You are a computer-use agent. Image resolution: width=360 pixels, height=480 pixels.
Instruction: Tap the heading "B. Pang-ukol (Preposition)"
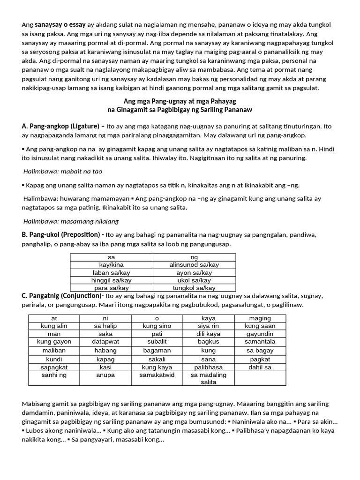point(63,234)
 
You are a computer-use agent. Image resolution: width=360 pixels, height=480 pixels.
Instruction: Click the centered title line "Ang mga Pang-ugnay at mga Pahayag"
point(180,101)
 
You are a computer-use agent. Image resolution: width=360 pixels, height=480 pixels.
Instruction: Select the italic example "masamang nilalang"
point(86,221)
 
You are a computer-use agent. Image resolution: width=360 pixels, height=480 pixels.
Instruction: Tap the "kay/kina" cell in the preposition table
point(111,265)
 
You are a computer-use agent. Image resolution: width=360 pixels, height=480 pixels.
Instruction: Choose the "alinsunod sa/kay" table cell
point(194,265)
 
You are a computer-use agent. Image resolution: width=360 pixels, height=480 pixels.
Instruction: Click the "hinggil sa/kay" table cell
point(111,280)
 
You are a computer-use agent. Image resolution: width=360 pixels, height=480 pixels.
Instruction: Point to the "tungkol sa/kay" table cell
point(194,288)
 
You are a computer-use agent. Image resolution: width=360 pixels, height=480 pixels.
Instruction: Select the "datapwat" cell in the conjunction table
point(106,342)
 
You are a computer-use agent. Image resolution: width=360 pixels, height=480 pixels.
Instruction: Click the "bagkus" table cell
point(208,342)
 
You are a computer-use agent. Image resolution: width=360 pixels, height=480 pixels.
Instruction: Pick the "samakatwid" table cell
point(157,375)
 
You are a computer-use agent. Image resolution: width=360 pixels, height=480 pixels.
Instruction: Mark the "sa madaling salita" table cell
point(208,378)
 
